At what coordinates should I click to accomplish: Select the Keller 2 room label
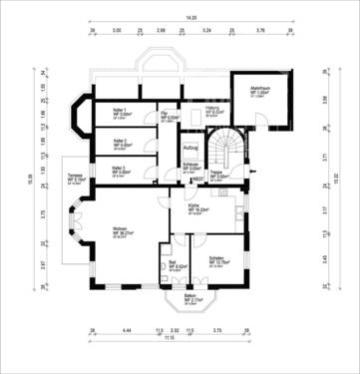click(x=119, y=142)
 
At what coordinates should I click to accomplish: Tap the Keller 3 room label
click(x=119, y=170)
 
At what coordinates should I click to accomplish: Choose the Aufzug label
click(x=191, y=148)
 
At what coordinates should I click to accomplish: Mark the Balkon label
click(x=190, y=297)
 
